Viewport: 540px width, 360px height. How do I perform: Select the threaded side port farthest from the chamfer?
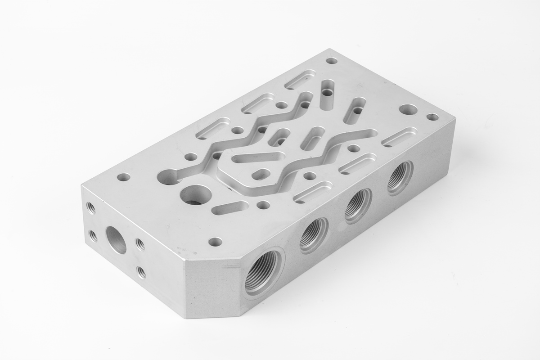tap(400, 177)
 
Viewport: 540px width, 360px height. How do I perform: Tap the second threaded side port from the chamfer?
tap(314, 235)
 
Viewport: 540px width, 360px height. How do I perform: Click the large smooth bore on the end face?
tap(116, 239)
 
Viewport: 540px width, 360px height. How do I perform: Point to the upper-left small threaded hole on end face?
tap(91, 208)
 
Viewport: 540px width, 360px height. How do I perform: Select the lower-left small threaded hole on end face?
tap(93, 235)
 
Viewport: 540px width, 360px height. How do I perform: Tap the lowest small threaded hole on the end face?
tap(141, 272)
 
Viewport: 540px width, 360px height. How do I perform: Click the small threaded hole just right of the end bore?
tap(140, 244)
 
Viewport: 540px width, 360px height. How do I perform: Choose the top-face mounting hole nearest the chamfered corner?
tap(216, 242)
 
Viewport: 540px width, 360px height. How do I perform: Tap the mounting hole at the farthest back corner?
tap(332, 60)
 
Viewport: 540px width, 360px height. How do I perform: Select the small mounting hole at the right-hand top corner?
tap(432, 117)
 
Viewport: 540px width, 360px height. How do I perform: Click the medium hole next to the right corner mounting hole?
tap(408, 109)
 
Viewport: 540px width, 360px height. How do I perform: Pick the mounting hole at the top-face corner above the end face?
tap(123, 177)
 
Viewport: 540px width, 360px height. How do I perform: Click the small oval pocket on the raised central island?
tap(261, 173)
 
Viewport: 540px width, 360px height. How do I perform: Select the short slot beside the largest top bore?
tap(232, 207)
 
